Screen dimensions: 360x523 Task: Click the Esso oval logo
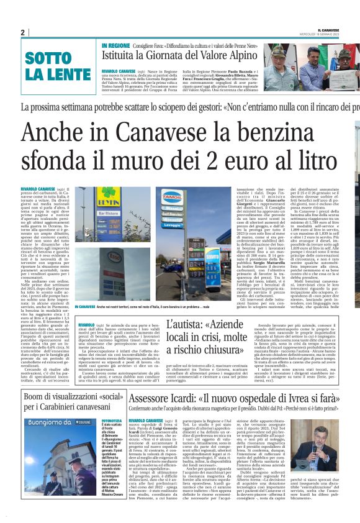(x=86, y=257)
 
